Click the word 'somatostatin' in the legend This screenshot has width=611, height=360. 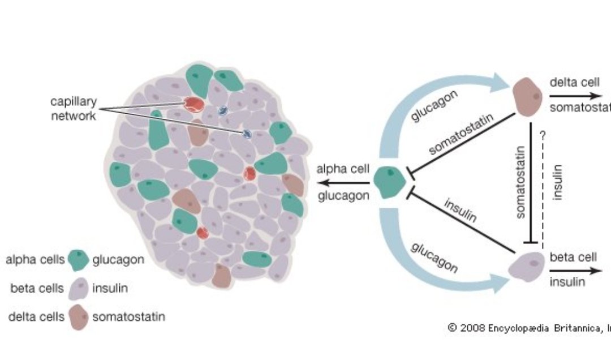click(x=128, y=316)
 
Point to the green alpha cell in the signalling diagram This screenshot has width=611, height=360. click(x=390, y=182)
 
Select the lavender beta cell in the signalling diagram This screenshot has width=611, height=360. click(x=526, y=267)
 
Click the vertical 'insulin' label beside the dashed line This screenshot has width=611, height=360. click(x=558, y=181)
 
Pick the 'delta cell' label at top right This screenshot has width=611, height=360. click(x=574, y=83)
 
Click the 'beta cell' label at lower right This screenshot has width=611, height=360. click(x=573, y=257)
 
